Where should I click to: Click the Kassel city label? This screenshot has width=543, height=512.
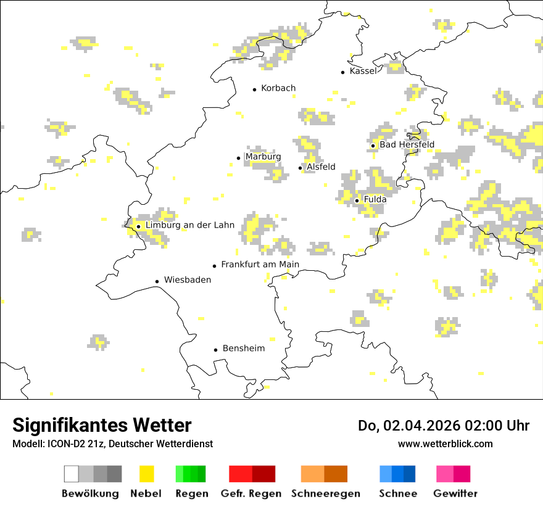tap(363, 71)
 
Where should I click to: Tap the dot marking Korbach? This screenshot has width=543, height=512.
tap(254, 89)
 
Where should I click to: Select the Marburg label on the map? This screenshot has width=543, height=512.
tap(263, 157)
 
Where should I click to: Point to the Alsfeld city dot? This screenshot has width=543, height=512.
tap(301, 168)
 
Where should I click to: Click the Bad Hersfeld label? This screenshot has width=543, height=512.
tap(407, 145)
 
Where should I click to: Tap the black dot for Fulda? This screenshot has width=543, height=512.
tap(357, 200)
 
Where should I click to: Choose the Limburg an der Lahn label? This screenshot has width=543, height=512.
tap(189, 225)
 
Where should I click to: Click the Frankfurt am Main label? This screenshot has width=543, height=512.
tap(260, 265)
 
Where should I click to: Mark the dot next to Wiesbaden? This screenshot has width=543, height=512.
tap(157, 281)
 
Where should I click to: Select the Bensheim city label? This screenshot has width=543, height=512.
tap(243, 349)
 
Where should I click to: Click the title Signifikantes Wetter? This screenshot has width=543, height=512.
tap(102, 426)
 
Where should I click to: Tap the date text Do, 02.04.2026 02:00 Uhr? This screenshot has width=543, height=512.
tap(444, 426)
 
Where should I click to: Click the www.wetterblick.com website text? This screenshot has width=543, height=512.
tap(445, 444)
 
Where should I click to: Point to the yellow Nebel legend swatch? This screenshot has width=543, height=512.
tap(146, 474)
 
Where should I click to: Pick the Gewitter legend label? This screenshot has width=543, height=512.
tap(455, 493)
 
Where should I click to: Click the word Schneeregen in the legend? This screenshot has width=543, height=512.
tap(326, 493)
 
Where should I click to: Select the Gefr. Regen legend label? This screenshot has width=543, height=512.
tap(251, 493)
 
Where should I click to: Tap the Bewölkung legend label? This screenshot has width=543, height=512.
tap(90, 493)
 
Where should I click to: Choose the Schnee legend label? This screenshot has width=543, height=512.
tap(398, 493)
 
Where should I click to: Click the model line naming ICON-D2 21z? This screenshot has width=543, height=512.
tap(112, 444)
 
